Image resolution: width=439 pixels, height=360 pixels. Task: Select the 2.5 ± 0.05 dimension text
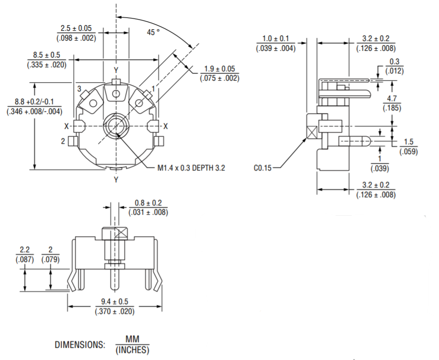(x=76, y=28)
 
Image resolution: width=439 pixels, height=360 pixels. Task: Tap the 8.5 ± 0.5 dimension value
(x=47, y=54)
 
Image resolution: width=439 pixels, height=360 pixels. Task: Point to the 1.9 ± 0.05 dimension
(x=219, y=69)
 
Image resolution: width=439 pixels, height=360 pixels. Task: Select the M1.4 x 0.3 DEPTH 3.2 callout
(x=191, y=168)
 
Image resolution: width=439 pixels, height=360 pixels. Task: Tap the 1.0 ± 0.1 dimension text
(x=276, y=39)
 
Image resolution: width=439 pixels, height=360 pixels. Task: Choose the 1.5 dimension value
(x=409, y=142)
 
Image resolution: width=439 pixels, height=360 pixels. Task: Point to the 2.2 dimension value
(x=25, y=250)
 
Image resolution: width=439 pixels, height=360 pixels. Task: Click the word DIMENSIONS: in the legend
(x=80, y=345)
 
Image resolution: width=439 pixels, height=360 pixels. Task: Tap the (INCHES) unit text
(x=132, y=350)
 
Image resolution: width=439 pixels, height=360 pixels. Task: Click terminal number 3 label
(x=79, y=89)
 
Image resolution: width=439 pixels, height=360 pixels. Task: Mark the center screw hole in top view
(x=116, y=126)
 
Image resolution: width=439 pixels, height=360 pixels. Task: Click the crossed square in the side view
(x=311, y=131)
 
